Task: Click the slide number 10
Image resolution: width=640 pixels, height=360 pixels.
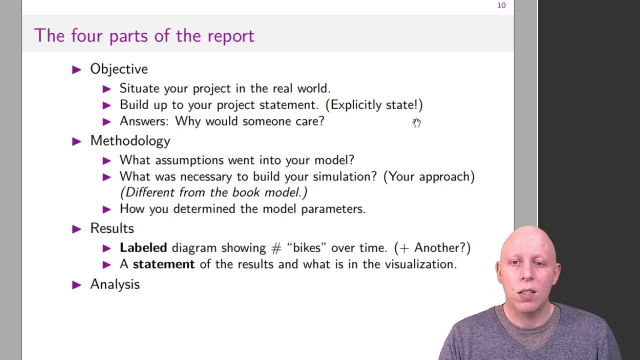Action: [501, 5]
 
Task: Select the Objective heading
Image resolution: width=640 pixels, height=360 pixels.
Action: [119, 69]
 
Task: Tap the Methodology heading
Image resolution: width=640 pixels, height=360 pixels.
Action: [130, 141]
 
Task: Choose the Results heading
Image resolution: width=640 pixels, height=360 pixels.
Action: [112, 228]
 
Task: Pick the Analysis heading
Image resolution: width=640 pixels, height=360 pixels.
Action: [115, 284]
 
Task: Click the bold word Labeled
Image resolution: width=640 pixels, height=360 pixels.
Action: [143, 248]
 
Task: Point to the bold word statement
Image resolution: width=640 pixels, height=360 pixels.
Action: [163, 264]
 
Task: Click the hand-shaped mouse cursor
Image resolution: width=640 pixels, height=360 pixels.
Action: [416, 123]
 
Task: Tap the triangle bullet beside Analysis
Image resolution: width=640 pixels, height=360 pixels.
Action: [76, 285]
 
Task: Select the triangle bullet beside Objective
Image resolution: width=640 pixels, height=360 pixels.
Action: [76, 69]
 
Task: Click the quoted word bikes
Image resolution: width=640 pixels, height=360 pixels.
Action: [306, 248]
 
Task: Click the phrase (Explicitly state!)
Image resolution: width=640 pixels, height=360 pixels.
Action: [374, 105]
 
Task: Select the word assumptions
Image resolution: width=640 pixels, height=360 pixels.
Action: [189, 160]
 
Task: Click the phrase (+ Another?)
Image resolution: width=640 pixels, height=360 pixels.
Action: [432, 248]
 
